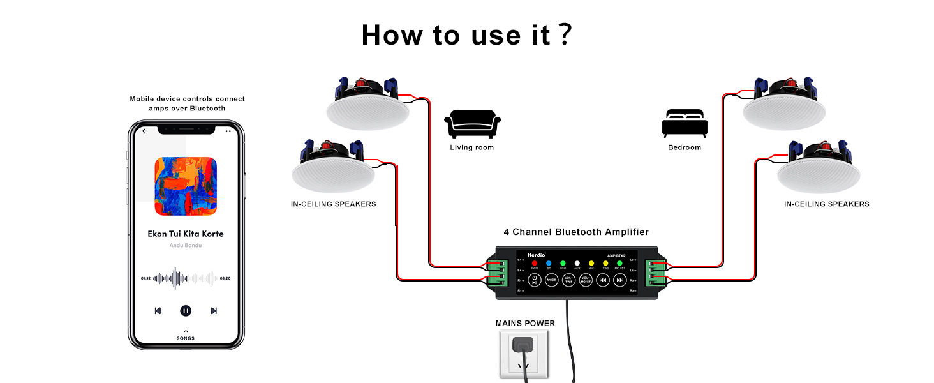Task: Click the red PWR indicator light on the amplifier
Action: (535, 263)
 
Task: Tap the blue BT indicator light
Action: (549, 263)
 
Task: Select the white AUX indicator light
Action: (577, 263)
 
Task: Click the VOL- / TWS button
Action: (568, 280)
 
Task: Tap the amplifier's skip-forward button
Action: (619, 280)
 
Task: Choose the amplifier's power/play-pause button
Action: (535, 280)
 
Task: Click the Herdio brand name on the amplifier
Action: (529, 253)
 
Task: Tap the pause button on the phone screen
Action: (186, 311)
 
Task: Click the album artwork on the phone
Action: (186, 186)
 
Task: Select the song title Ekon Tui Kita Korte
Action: (186, 234)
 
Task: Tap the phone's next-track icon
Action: (214, 311)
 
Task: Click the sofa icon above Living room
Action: (472, 124)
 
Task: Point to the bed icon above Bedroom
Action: (685, 123)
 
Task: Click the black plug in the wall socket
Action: (524, 348)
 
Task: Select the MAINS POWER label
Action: (525, 324)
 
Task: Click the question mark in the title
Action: (564, 36)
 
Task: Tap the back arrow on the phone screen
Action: (145, 131)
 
